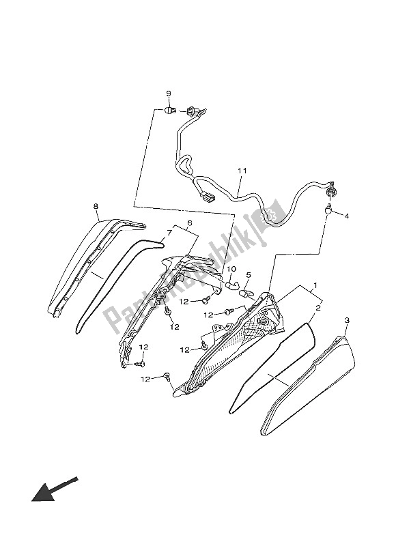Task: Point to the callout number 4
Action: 345,216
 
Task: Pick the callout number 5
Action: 249,276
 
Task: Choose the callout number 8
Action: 96,205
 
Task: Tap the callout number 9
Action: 168,94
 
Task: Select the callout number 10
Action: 231,269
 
